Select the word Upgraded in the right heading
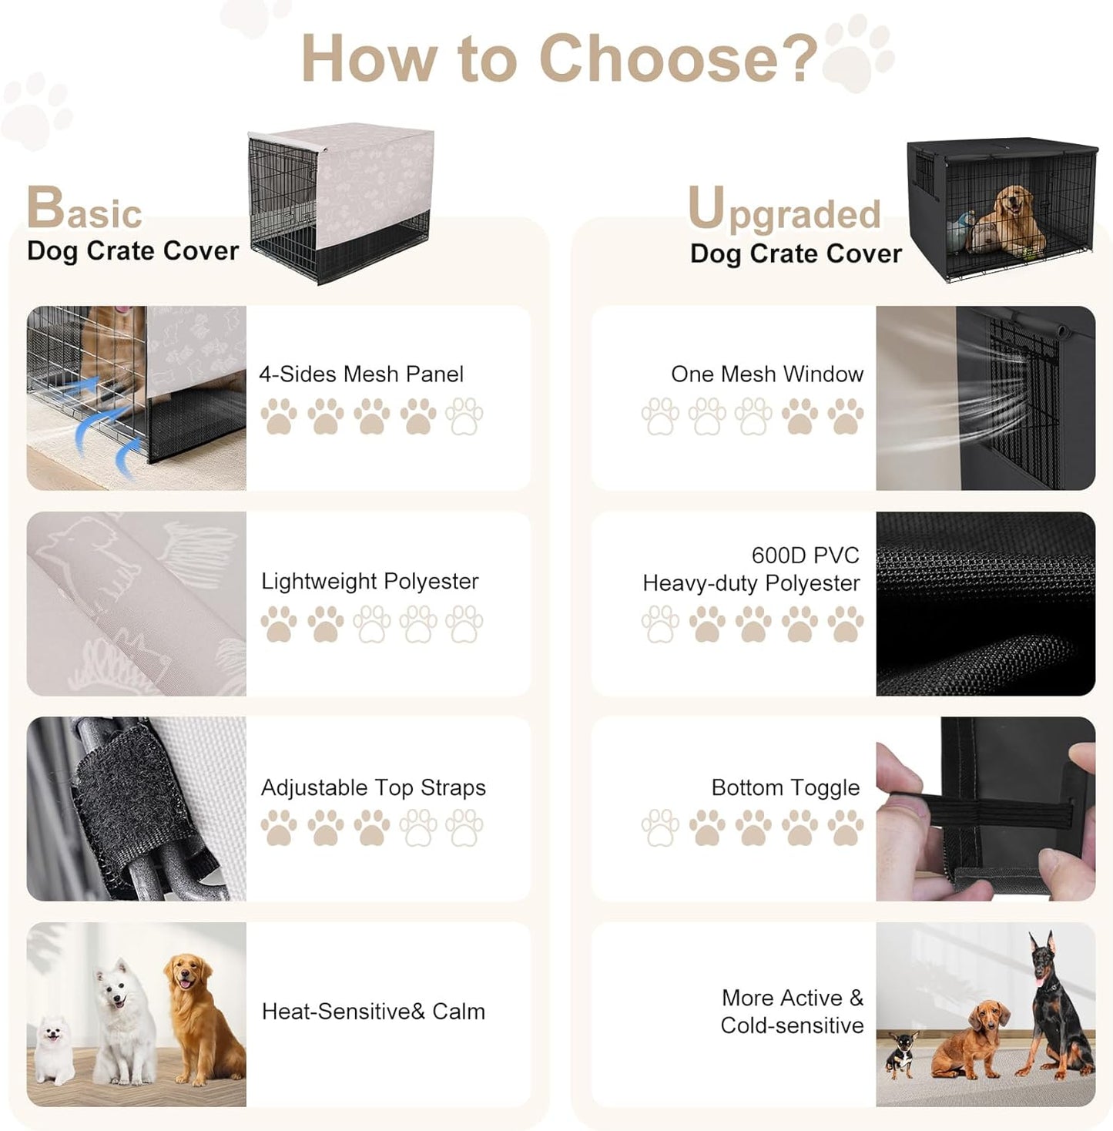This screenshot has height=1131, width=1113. click(x=784, y=210)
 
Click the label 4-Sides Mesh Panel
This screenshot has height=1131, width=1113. click(x=361, y=374)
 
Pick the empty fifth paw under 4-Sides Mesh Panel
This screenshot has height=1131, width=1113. click(x=464, y=416)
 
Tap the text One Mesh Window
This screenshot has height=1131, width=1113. click(x=767, y=374)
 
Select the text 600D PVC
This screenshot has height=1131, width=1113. click(x=805, y=555)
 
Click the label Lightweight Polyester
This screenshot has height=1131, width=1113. click(x=370, y=582)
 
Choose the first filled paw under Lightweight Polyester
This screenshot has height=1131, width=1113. click(x=279, y=623)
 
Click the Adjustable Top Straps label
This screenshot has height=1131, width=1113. click(x=374, y=788)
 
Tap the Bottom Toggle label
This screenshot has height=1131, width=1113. click(x=785, y=788)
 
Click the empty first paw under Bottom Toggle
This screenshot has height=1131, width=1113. click(x=660, y=827)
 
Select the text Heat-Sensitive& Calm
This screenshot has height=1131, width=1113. click(x=374, y=1012)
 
